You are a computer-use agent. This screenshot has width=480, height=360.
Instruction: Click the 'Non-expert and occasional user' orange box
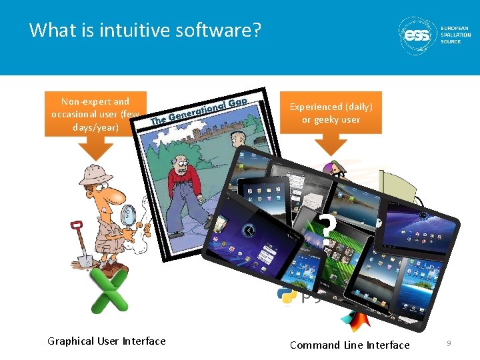pyautogui.click(x=95, y=114)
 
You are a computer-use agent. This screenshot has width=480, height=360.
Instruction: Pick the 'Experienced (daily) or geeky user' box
pyautogui.click(x=331, y=113)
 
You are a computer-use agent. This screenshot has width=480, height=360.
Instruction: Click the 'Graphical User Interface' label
pyautogui.click(x=107, y=341)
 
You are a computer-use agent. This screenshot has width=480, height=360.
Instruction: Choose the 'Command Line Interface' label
pyautogui.click(x=349, y=345)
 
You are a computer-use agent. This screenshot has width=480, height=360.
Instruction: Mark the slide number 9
pyautogui.click(x=449, y=343)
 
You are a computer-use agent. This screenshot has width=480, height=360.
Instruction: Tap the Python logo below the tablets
pyautogui.click(x=287, y=294)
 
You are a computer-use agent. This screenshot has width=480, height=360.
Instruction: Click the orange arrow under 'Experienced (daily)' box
pyautogui.click(x=331, y=144)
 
